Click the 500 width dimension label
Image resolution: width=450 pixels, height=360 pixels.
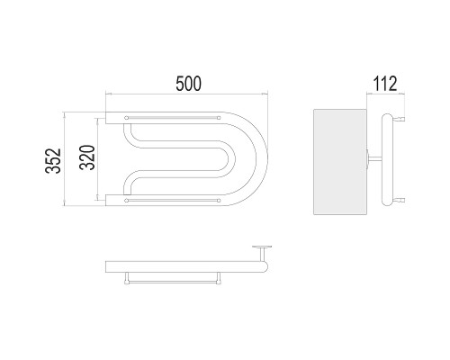coord(189,84)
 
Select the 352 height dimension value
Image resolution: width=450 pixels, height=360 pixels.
coord(53,161)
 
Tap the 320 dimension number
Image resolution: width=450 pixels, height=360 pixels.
coord(87,157)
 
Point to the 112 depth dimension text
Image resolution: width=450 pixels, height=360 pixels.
coord(385,84)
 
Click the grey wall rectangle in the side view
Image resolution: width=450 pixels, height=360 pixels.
coord(340,162)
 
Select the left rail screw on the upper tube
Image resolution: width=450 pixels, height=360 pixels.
coord(126,118)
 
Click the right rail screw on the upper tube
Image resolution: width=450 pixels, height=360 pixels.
coord(219,118)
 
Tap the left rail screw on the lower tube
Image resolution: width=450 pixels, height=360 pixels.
coord(126,201)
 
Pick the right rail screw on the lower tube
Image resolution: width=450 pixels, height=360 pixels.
coord(219,201)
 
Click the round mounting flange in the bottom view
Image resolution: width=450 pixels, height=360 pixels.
coord(262,247)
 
